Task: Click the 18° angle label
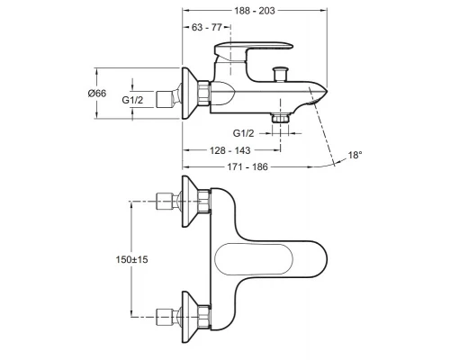(x=355, y=156)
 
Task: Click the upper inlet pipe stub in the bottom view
(x=165, y=202)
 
